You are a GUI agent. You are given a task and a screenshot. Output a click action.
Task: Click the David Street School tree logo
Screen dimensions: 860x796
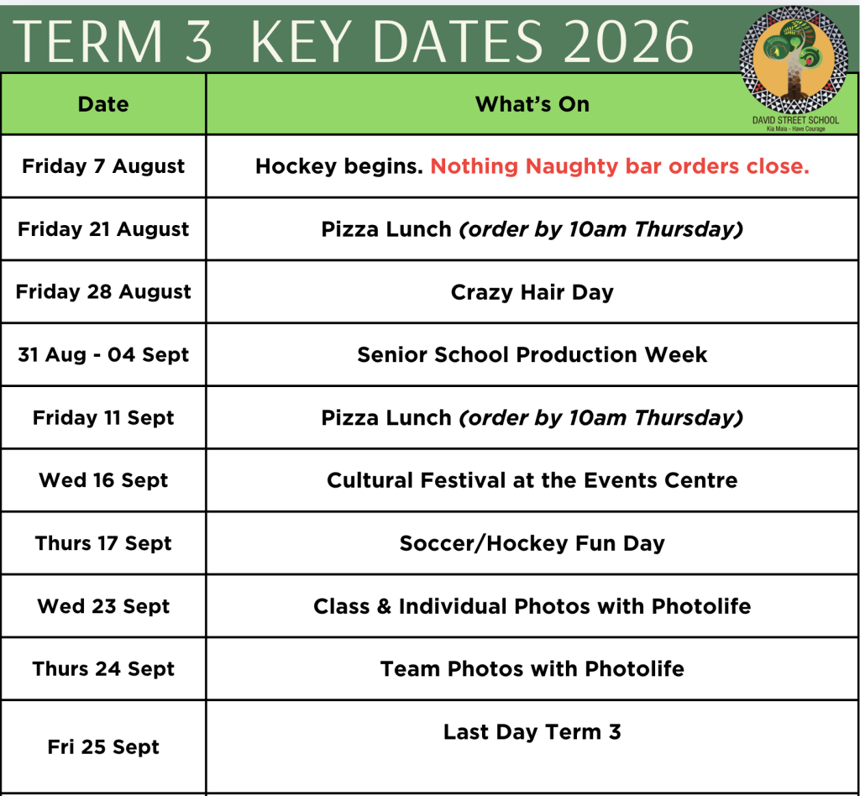pyautogui.click(x=794, y=60)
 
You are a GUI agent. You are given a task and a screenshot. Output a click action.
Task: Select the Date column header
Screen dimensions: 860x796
pyautogui.click(x=103, y=104)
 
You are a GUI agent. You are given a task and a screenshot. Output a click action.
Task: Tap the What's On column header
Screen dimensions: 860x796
pyautogui.click(x=532, y=104)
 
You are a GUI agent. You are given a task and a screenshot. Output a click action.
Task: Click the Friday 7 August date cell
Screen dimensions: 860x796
pyautogui.click(x=103, y=166)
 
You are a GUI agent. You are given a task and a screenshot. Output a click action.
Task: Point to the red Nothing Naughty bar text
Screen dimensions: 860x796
pyautogui.click(x=620, y=166)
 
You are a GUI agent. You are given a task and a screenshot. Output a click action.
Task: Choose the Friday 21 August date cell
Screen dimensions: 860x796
pyautogui.click(x=103, y=228)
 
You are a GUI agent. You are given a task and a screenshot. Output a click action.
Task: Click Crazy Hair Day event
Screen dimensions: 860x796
pyautogui.click(x=532, y=292)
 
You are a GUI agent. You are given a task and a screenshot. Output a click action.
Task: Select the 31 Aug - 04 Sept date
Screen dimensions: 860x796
pyautogui.click(x=103, y=354)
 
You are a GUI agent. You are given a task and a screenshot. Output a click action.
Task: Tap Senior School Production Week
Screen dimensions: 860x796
pyautogui.click(x=532, y=354)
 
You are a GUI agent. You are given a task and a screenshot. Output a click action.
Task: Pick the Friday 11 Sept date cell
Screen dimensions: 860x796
pyautogui.click(x=103, y=418)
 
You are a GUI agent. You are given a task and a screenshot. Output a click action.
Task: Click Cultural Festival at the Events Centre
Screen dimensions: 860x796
pyautogui.click(x=532, y=480)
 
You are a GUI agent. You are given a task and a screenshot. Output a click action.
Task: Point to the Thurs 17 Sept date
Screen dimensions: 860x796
pyautogui.click(x=103, y=543)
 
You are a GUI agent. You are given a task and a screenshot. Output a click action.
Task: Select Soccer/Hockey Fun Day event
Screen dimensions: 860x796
pyautogui.click(x=532, y=543)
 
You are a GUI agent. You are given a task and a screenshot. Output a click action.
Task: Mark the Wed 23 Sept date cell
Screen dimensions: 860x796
pyautogui.click(x=103, y=606)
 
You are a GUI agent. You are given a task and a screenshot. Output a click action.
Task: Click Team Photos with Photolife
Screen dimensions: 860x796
pyautogui.click(x=532, y=669)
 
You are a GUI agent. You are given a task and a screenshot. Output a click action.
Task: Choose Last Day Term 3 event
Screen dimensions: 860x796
pyautogui.click(x=532, y=732)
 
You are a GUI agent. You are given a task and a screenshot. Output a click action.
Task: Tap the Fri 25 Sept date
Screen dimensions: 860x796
pyautogui.click(x=103, y=746)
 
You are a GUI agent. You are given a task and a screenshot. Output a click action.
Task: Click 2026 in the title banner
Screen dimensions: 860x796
pyautogui.click(x=628, y=42)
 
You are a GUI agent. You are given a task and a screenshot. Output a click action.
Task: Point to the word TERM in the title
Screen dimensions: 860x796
pyautogui.click(x=87, y=42)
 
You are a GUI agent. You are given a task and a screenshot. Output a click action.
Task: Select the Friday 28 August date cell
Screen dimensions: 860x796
pyautogui.click(x=103, y=291)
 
